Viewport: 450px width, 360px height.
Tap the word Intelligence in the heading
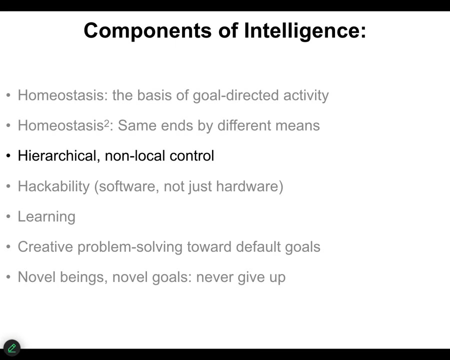305,31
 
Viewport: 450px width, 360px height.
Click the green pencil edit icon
12,348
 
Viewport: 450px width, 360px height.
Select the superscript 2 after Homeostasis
106,123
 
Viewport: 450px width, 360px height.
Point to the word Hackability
53,186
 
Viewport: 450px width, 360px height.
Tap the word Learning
46,216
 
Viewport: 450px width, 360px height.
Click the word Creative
45,246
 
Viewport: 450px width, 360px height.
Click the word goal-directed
235,95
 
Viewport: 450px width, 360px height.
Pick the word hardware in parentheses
247,186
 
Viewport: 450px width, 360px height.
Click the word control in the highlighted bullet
191,155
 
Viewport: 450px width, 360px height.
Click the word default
258,246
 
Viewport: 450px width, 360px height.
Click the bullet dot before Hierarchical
8,156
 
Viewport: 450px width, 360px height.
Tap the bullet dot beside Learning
8,216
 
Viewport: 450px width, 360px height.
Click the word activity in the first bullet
306,95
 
